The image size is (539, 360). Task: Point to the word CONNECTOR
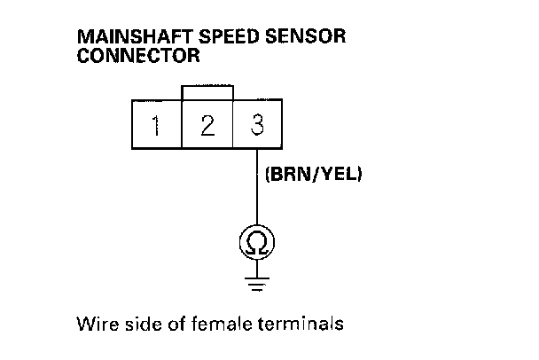coord(138,55)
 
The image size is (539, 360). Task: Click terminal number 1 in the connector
coord(156,125)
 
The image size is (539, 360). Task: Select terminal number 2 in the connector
coord(207,125)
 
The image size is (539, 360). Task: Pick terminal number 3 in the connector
coord(258,125)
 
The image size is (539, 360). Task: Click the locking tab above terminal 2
coord(207,93)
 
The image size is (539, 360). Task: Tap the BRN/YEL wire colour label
coord(314,175)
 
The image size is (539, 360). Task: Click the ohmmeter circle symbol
coord(257,241)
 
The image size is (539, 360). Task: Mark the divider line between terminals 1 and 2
coord(182,125)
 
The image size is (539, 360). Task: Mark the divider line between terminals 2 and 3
coord(232,125)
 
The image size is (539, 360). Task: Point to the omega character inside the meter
coord(257,241)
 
